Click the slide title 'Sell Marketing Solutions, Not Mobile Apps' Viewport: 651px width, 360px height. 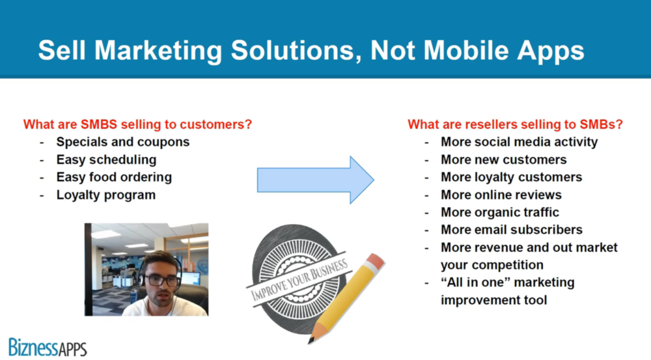311,51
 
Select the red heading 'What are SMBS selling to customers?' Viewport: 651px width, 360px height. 137,124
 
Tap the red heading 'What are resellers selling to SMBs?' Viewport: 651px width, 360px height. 515,124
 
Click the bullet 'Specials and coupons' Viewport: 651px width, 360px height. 123,142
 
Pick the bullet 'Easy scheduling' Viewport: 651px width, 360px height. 106,159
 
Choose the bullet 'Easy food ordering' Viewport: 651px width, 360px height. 114,177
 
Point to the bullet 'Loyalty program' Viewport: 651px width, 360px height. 106,195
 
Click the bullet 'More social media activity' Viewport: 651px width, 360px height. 519,142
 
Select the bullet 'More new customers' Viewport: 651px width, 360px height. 503,159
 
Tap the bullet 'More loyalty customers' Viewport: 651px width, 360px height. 511,177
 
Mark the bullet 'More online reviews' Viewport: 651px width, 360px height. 501,195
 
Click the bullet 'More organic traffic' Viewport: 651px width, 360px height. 499,212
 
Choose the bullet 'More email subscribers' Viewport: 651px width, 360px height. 511,230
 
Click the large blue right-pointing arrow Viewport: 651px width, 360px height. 315,180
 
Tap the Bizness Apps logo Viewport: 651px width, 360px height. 48,346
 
